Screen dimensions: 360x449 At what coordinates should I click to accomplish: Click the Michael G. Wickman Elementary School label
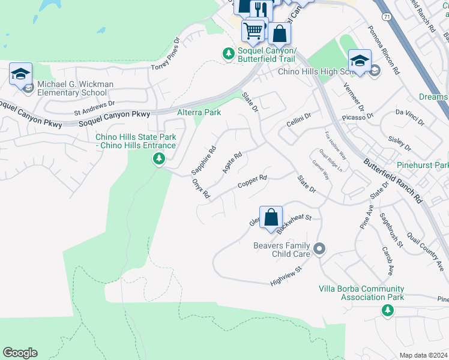coord(74,88)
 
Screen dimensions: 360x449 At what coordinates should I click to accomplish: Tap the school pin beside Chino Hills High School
coord(359,61)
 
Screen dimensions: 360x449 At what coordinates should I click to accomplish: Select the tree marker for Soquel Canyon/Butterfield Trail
coord(228,54)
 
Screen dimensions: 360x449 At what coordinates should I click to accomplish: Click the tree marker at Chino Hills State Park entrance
coord(158,159)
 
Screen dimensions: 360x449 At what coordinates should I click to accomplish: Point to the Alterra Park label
coord(199,112)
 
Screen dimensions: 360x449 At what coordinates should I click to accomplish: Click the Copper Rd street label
coord(252,181)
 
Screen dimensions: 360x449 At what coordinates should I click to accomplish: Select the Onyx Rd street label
coord(201,190)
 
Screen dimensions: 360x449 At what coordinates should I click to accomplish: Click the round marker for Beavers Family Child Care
coord(319,248)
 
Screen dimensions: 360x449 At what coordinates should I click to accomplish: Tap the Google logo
coord(20,353)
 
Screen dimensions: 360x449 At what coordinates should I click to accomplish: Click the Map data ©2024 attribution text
coord(423,355)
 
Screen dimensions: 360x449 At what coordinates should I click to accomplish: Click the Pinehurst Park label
coord(423,164)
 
